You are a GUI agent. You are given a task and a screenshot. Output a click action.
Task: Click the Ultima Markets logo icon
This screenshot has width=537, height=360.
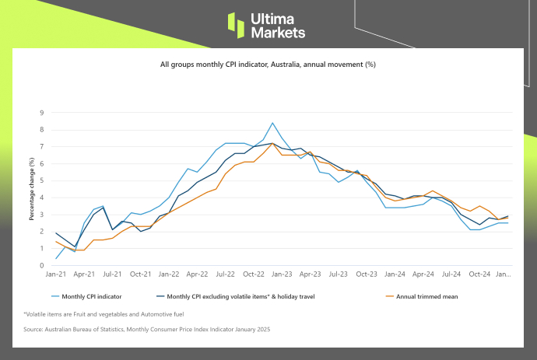tap(236, 24)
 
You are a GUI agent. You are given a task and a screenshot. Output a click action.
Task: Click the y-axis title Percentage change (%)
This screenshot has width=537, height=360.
tap(32, 188)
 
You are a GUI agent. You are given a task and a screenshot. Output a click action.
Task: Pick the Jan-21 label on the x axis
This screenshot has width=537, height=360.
tap(55, 274)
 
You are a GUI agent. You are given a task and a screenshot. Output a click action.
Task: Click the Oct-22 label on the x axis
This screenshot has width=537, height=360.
tap(254, 274)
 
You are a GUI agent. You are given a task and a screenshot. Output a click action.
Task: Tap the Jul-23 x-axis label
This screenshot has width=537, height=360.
tap(339, 274)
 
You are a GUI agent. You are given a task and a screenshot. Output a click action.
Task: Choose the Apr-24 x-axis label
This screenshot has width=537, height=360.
tap(423, 274)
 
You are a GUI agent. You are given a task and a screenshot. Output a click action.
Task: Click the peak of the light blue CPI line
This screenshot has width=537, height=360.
tap(272, 123)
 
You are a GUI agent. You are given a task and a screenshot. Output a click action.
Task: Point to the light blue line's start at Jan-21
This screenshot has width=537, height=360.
tap(56, 258)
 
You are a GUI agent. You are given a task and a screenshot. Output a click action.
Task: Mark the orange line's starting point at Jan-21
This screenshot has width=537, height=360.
tap(56, 241)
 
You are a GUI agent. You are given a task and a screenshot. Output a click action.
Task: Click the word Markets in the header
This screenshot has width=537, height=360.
tap(277, 33)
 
